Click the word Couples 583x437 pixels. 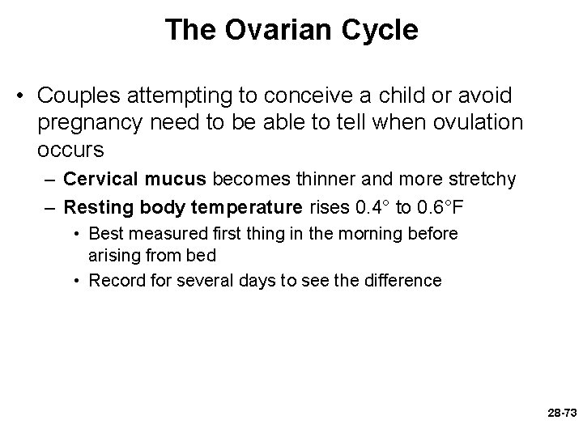click(x=75, y=95)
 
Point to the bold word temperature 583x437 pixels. click(x=248, y=207)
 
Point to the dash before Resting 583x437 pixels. click(x=49, y=207)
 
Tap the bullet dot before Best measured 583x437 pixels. click(x=74, y=234)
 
